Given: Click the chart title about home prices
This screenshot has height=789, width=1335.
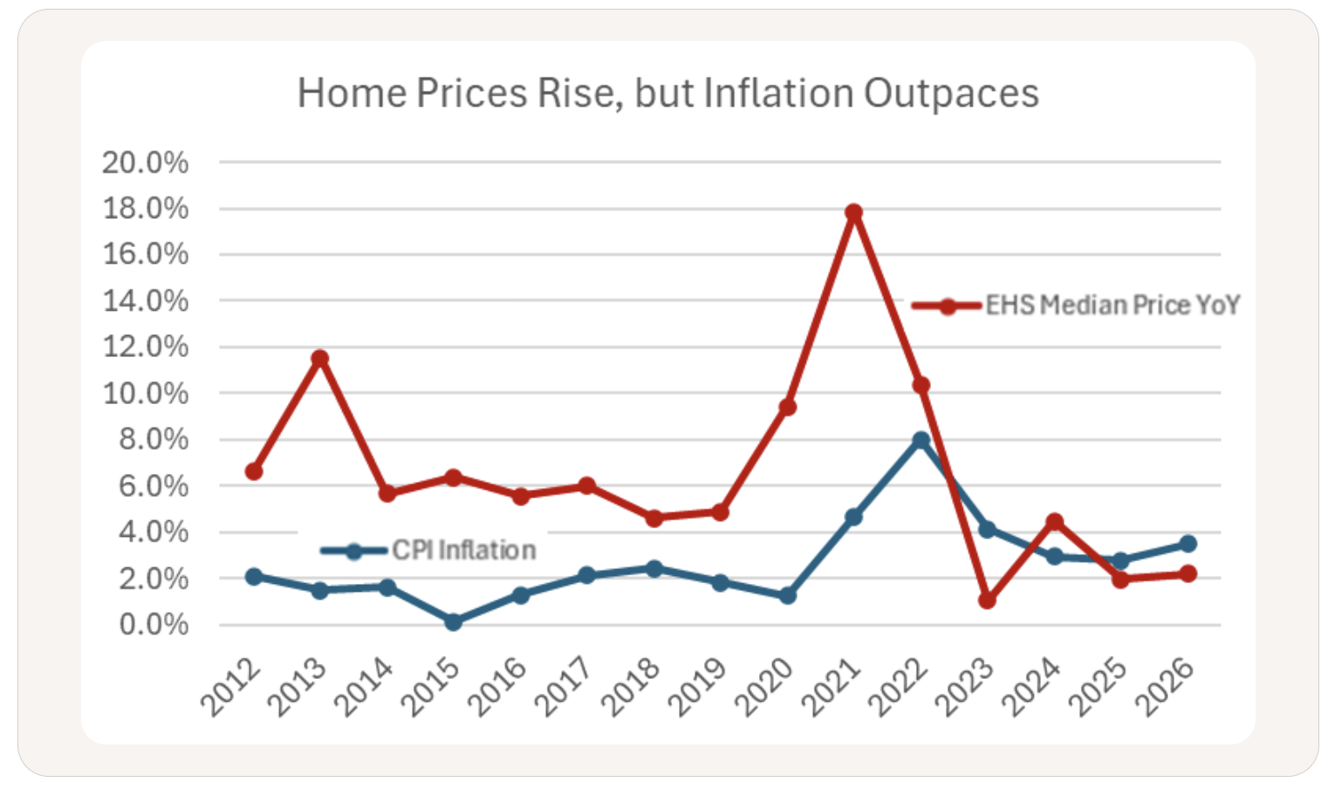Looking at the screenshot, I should click(x=667, y=93).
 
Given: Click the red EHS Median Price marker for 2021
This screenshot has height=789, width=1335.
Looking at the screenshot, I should click(x=854, y=213).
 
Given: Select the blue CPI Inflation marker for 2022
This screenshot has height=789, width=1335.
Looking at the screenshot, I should click(x=921, y=441).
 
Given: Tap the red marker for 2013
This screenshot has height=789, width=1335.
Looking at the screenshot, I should click(x=320, y=359).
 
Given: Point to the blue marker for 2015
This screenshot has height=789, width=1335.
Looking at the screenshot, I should click(x=454, y=622).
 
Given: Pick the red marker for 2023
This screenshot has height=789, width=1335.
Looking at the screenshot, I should click(x=987, y=600).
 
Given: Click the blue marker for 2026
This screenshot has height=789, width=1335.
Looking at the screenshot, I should click(x=1188, y=544).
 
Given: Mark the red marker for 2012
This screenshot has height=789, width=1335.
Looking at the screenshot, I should click(x=254, y=471).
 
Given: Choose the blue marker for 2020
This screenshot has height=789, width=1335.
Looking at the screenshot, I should click(x=787, y=595).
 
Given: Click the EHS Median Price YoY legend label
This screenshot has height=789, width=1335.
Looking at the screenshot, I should click(x=1112, y=305).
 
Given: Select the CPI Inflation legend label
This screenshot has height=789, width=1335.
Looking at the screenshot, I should click(x=463, y=551).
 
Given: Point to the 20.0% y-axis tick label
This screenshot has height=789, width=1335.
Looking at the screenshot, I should click(x=145, y=162).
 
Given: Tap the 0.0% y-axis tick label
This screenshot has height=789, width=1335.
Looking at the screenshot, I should click(x=154, y=625).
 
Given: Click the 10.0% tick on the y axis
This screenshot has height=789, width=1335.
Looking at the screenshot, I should click(x=145, y=394).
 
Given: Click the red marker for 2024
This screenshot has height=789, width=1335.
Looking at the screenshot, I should click(x=1054, y=522).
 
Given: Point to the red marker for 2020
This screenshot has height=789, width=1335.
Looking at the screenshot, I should click(x=787, y=407).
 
